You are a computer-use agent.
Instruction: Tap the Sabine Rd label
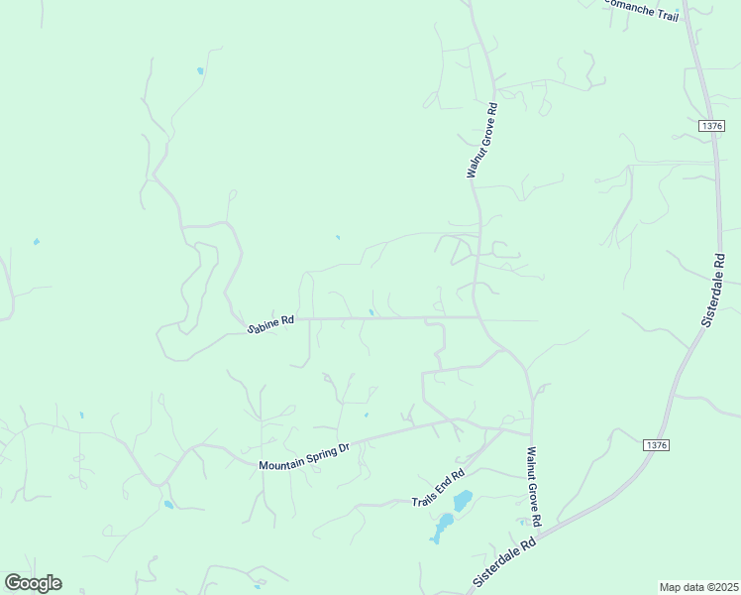270,323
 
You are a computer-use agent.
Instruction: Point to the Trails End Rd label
438,488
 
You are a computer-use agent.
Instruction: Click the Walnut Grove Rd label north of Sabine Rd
481,139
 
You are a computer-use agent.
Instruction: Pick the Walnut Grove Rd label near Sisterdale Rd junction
533,486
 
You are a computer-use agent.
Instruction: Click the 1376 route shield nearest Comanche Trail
710,126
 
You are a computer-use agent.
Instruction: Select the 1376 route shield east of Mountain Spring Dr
655,445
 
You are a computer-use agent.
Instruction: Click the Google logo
33,583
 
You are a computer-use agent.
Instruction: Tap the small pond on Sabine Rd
371,313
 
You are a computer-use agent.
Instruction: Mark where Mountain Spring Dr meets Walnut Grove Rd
529,432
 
